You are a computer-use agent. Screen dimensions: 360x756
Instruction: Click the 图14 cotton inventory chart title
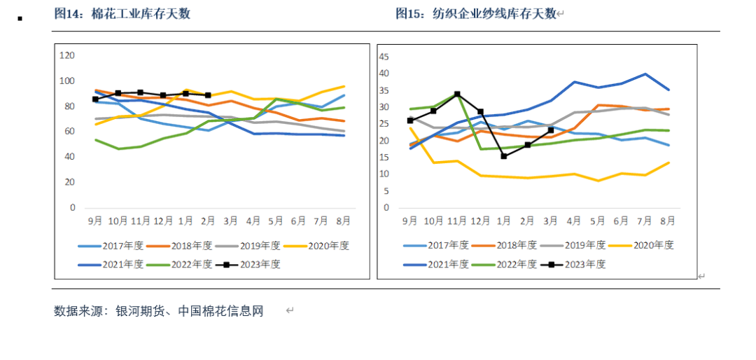tap(122, 14)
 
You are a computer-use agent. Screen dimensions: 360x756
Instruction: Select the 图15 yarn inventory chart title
tap(475, 14)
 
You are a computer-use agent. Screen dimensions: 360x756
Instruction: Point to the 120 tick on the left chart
tap(67, 55)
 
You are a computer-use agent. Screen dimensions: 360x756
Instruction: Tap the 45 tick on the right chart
tap(384, 55)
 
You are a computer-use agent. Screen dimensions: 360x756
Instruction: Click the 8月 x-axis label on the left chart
tap(342, 221)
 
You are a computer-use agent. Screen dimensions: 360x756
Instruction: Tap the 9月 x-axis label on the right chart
tap(410, 221)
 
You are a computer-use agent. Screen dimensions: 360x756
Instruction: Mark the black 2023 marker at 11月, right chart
tap(457, 94)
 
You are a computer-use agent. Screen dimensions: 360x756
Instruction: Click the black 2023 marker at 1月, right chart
tap(504, 156)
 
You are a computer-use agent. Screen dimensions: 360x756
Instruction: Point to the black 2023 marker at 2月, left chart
tap(208, 95)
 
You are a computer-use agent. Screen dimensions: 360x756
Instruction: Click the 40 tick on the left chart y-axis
tap(70, 157)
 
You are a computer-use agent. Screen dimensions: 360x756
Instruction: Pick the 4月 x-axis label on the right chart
tap(574, 221)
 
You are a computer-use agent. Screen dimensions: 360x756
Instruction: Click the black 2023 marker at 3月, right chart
tap(551, 130)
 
